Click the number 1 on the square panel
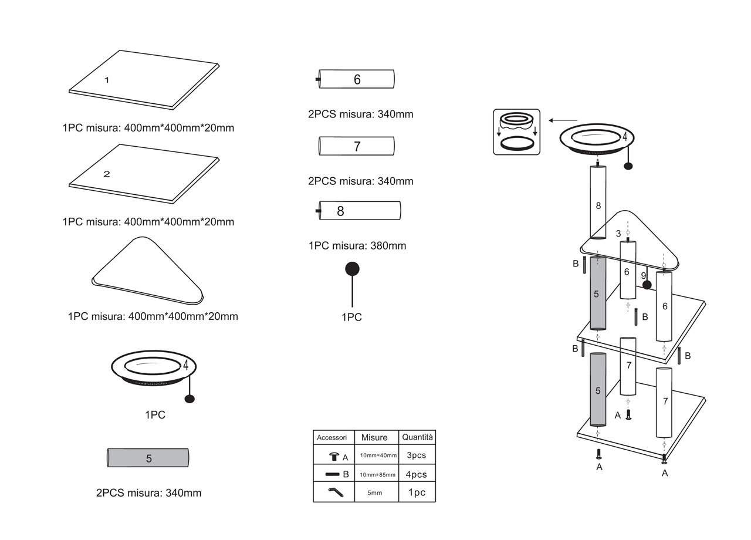click(x=107, y=80)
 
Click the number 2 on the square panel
click(x=107, y=174)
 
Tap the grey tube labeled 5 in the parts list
click(x=148, y=458)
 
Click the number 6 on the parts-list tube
click(x=357, y=80)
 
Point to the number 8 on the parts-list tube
click(x=340, y=211)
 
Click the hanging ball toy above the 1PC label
click(x=352, y=269)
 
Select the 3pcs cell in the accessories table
click(x=417, y=455)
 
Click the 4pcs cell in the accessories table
click(x=417, y=474)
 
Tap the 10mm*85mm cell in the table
click(x=378, y=474)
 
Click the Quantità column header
click(x=417, y=437)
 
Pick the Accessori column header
click(x=332, y=437)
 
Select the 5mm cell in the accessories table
click(x=375, y=493)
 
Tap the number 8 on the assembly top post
click(x=598, y=205)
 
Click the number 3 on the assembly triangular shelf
click(x=618, y=234)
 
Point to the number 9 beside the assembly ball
click(x=644, y=275)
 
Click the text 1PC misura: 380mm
click(x=357, y=246)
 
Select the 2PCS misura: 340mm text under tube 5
click(x=148, y=493)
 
